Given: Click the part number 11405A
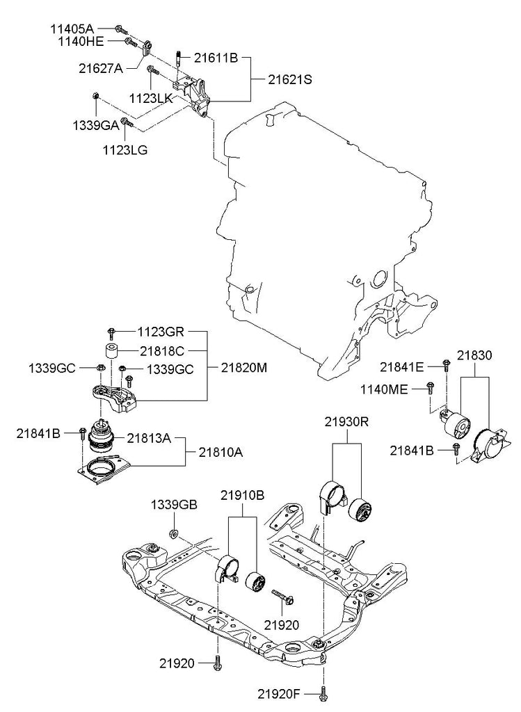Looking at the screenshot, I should click(72, 29).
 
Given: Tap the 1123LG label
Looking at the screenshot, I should click(125, 149).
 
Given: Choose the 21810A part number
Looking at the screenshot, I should click(222, 453).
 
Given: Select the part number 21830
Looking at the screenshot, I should click(474, 355).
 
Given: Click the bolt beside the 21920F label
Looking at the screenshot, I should click(323, 693).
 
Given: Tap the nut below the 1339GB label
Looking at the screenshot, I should click(174, 534).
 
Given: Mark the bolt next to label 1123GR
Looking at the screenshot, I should click(111, 332).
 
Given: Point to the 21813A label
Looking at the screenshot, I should click(148, 438).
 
